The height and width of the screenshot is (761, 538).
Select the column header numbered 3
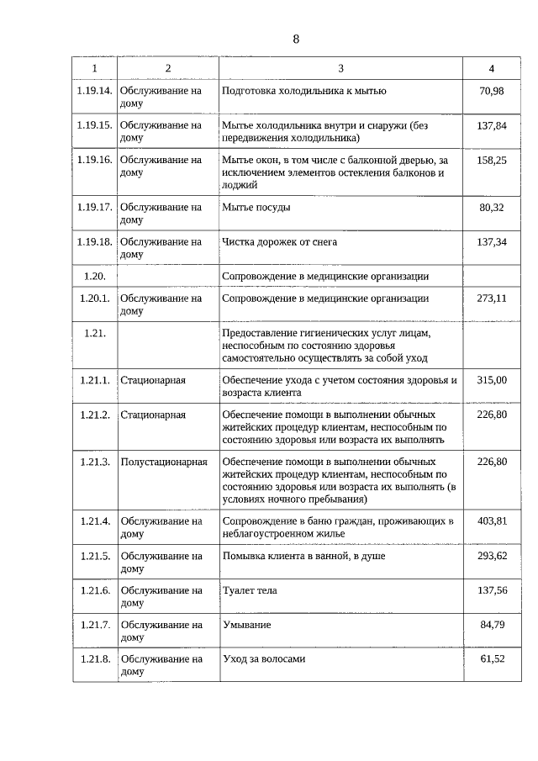(340, 68)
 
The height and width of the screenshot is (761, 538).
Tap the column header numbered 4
(491, 68)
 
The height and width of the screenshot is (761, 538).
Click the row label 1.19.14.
(94, 91)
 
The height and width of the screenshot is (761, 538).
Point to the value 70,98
(491, 91)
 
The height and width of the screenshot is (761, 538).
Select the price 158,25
(491, 160)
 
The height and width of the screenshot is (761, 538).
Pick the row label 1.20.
(94, 276)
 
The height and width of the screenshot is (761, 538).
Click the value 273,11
(491, 299)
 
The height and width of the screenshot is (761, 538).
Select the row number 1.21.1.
(94, 380)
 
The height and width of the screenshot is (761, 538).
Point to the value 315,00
(491, 380)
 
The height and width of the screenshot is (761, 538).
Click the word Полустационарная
(164, 462)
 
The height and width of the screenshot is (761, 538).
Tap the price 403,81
(491, 521)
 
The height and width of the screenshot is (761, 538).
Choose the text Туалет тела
(249, 590)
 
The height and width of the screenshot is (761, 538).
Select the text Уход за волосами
(263, 659)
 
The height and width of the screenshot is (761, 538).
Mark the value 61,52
(491, 659)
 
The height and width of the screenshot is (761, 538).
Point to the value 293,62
(491, 556)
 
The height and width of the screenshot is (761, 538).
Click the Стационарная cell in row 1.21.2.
(153, 415)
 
